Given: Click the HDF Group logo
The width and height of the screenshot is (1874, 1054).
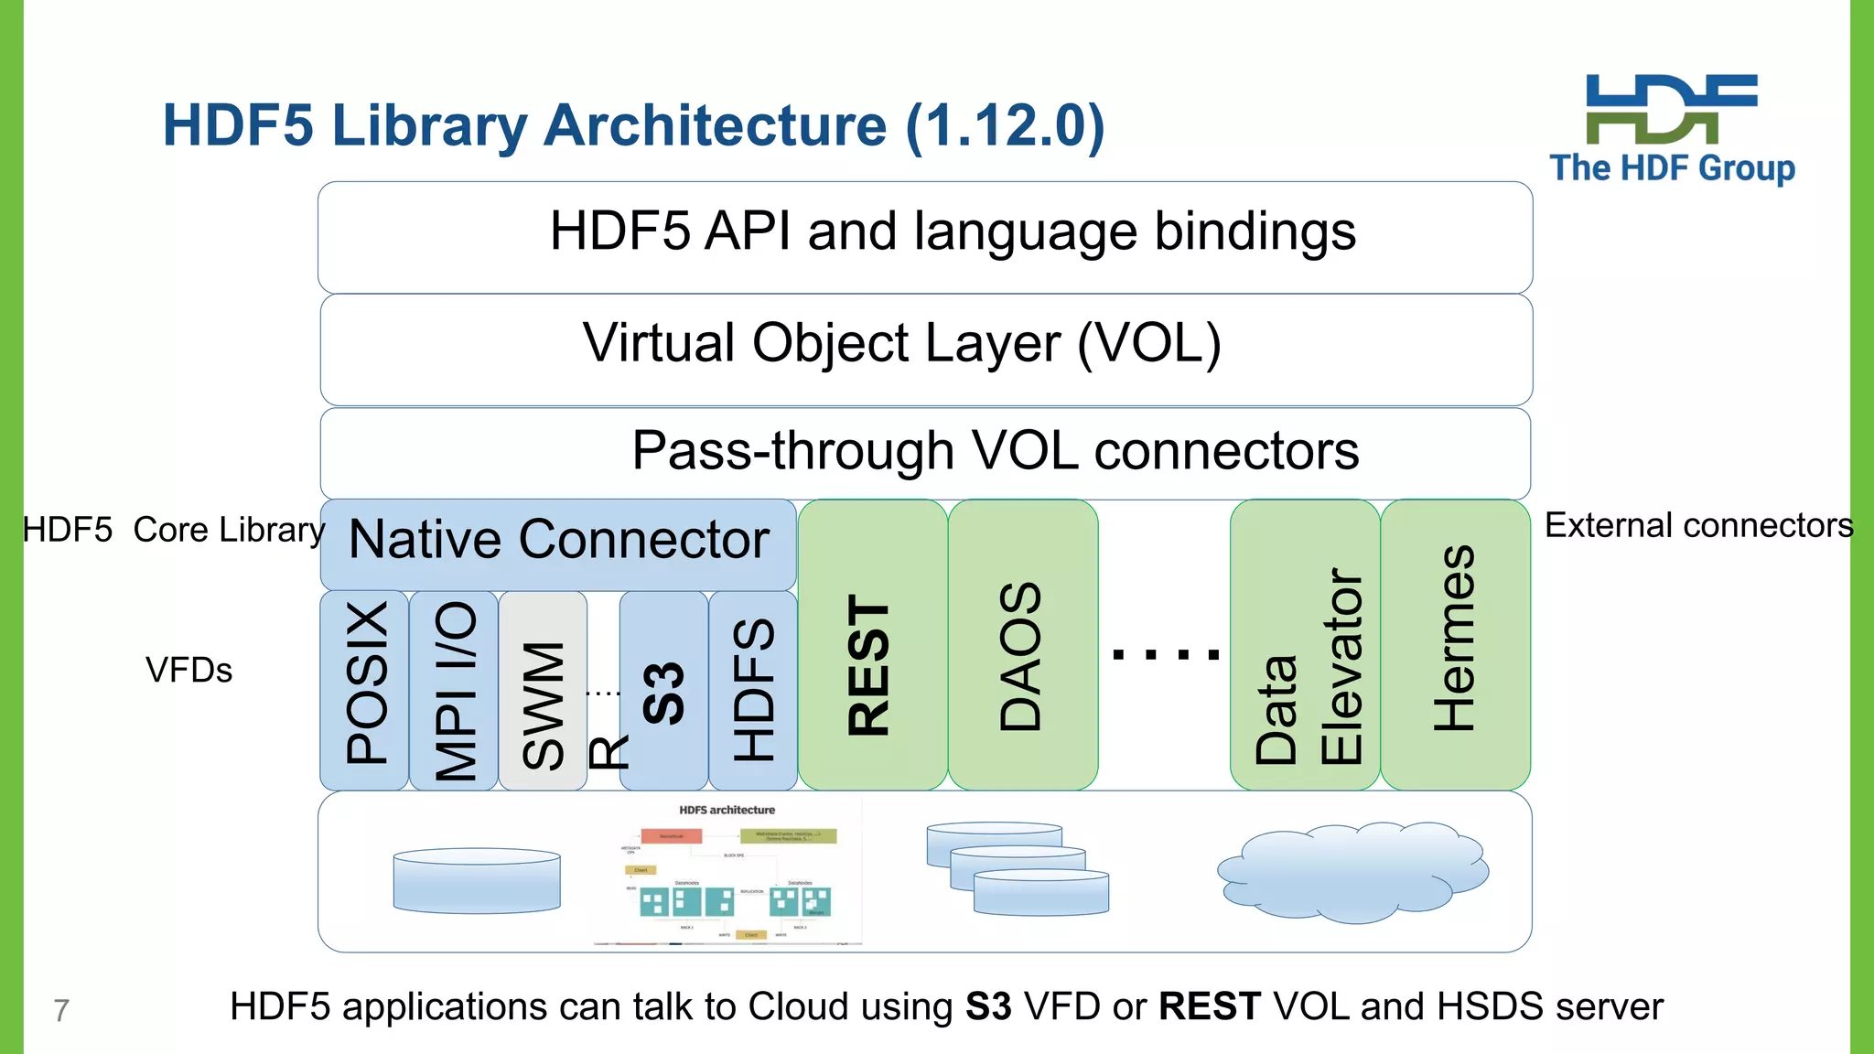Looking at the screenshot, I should [1672, 128].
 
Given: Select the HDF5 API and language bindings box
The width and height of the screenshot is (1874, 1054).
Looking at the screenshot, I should [925, 237].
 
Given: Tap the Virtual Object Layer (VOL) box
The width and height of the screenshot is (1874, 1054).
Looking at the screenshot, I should [925, 349].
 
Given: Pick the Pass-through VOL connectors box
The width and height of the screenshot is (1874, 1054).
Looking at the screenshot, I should [925, 453].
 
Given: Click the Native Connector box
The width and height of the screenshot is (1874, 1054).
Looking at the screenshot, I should [558, 543].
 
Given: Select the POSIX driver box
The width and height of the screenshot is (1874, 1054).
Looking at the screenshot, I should [364, 690].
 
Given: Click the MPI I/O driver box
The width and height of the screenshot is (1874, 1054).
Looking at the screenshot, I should [454, 690].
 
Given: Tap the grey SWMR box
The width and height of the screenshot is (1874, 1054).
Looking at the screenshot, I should [543, 690].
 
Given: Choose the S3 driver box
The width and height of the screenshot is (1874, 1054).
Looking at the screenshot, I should [664, 690].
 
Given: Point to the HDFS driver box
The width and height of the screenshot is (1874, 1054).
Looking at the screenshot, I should [753, 690].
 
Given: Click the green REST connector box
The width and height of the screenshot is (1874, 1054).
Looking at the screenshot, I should [872, 644].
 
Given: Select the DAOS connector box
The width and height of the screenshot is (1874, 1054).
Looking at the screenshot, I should [1022, 644].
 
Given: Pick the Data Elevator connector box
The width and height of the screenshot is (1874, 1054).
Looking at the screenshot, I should [1305, 644].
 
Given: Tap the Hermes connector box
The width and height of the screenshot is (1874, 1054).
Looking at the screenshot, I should [1455, 644].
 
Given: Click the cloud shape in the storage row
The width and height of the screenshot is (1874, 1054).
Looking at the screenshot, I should [1352, 872].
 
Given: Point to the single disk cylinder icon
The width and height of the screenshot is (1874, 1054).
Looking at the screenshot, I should [477, 880].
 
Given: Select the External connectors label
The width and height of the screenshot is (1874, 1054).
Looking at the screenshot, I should [1698, 525].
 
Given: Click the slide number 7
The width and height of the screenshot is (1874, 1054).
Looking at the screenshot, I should [61, 1010].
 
